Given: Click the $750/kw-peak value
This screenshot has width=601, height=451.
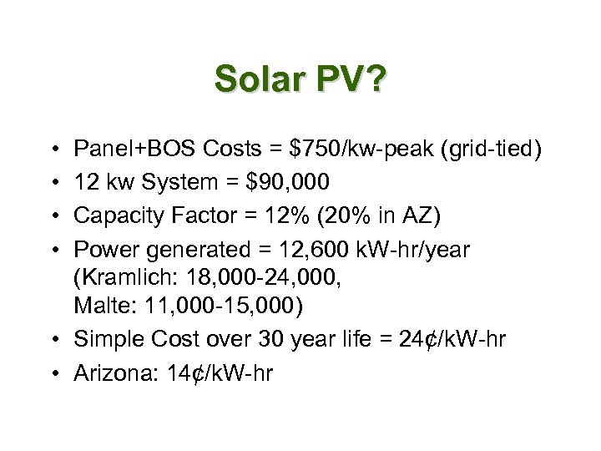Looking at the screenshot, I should [357, 149].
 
